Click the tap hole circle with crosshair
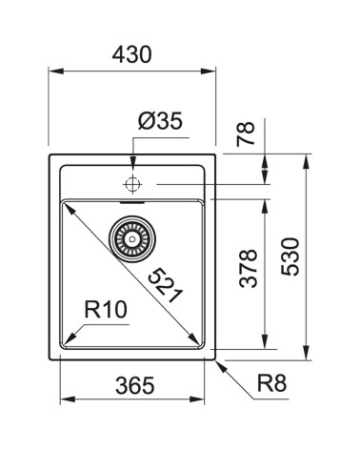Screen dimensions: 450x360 tap(132, 181)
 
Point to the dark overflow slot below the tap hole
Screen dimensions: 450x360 tap(132, 201)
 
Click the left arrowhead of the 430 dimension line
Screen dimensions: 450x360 tap(53, 70)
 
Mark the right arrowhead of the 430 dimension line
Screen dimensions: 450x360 tap(211, 70)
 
